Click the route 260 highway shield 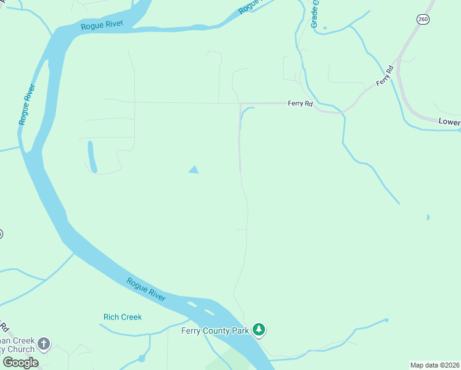pyautogui.click(x=423, y=19)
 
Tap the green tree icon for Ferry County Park pyautogui.click(x=259, y=330)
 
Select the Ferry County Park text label pyautogui.click(x=214, y=331)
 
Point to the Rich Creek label pyautogui.click(x=122, y=317)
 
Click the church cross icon pyautogui.click(x=43, y=343)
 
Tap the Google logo pyautogui.click(x=20, y=363)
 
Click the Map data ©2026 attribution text pyautogui.click(x=434, y=365)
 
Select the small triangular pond pyautogui.click(x=194, y=169)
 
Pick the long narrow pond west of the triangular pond pyautogui.click(x=92, y=157)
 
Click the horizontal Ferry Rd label pyautogui.click(x=300, y=104)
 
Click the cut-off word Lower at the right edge pyautogui.click(x=449, y=122)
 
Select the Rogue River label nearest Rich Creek pyautogui.click(x=146, y=290)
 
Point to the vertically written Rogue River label pyautogui.click(x=28, y=104)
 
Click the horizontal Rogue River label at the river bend pyautogui.click(x=102, y=25)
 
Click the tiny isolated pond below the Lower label pyautogui.click(x=428, y=217)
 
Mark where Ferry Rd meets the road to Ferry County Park pyautogui.click(x=240, y=104)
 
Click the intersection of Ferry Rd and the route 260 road pyautogui.click(x=399, y=59)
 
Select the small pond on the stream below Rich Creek pyautogui.click(x=142, y=358)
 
